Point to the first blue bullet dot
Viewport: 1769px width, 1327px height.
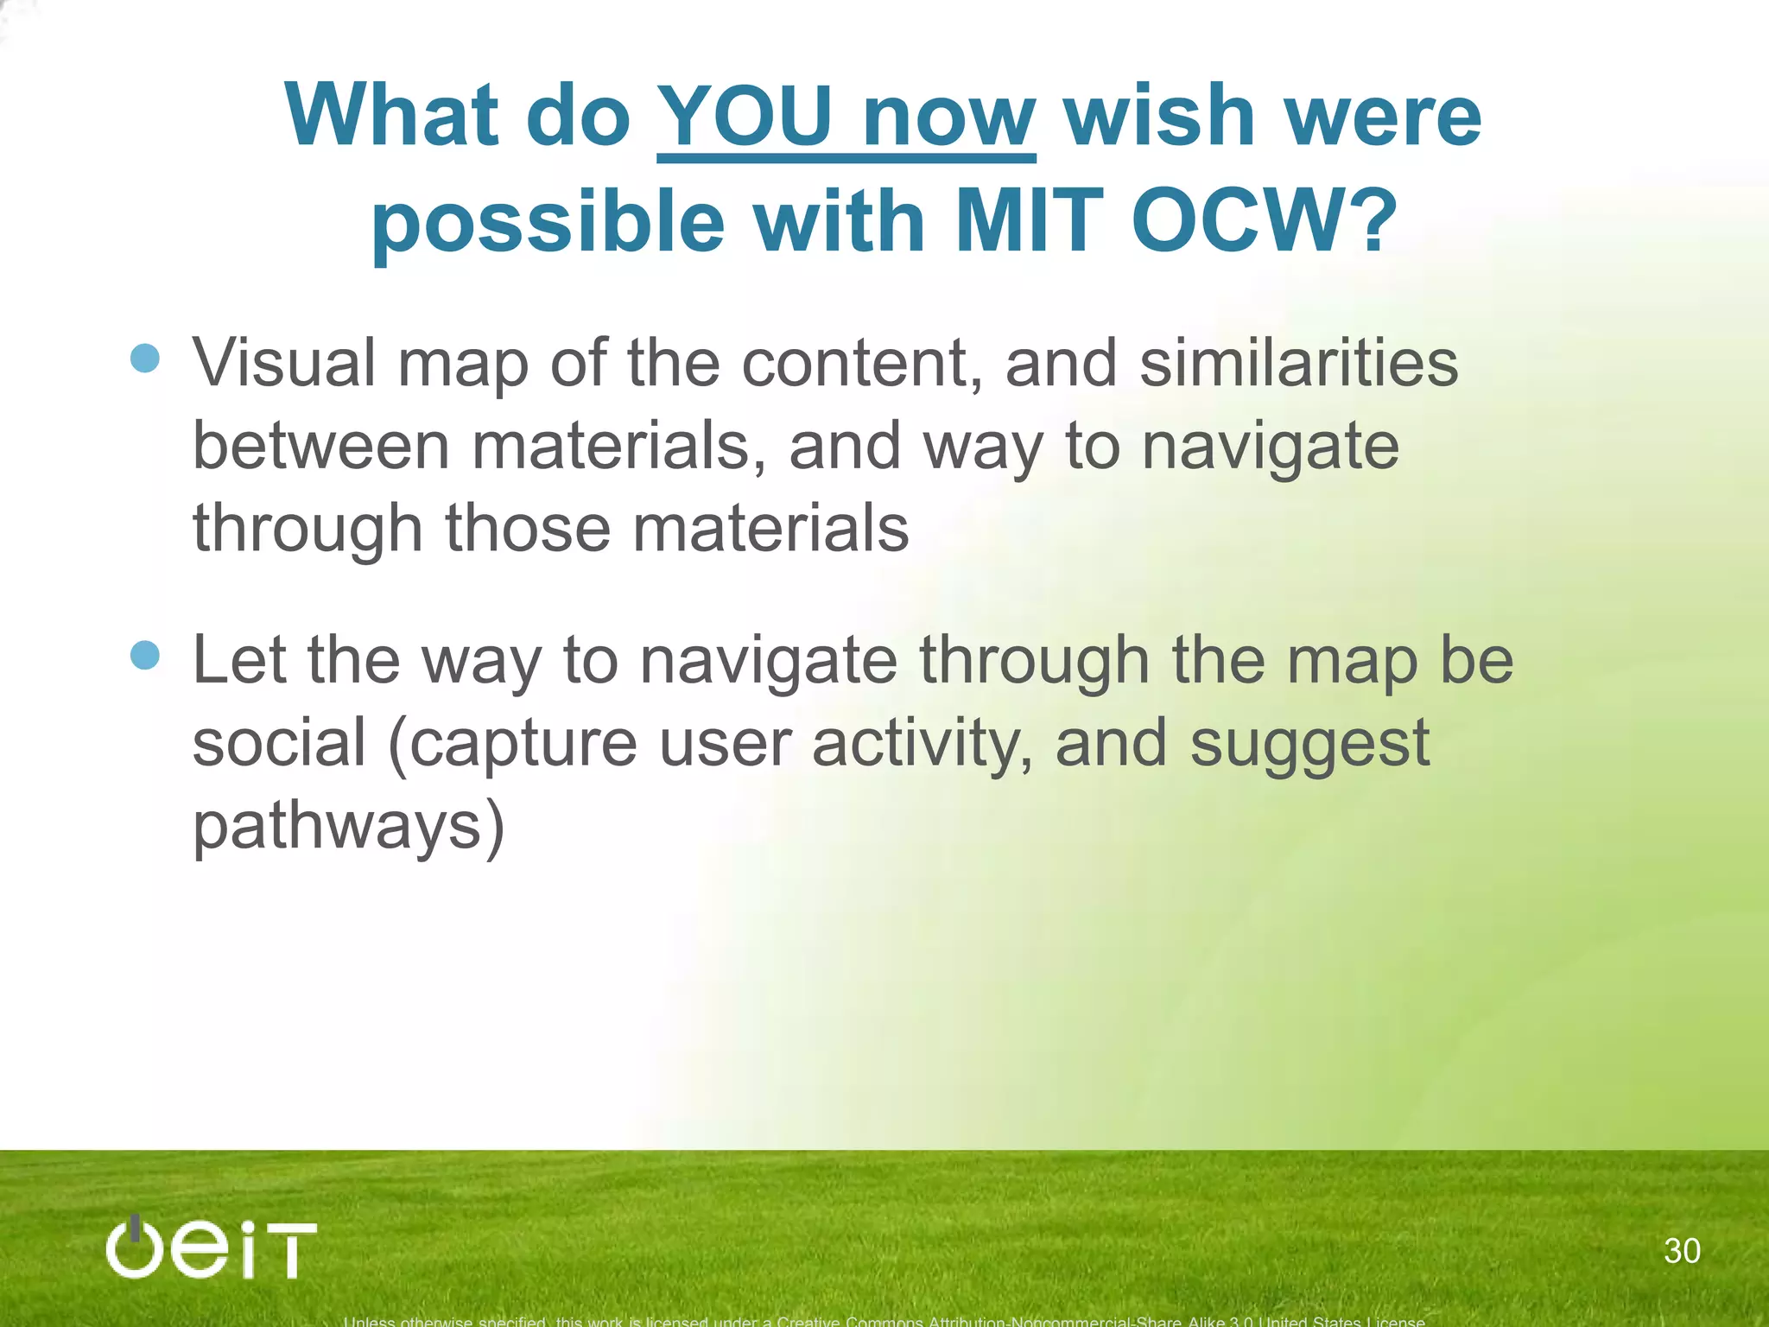(145, 358)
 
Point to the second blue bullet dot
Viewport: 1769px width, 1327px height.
(145, 655)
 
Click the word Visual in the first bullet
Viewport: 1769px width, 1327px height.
(283, 363)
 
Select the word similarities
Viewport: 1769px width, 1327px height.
(1298, 363)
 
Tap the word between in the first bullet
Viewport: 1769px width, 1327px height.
(320, 446)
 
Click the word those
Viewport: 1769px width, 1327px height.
(527, 529)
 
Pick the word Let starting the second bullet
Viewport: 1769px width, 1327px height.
(238, 661)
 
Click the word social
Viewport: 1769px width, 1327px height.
(279, 744)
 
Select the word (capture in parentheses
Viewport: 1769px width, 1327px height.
(512, 744)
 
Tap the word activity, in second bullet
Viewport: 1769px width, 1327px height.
(922, 744)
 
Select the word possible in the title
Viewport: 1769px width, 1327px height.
(547, 223)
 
